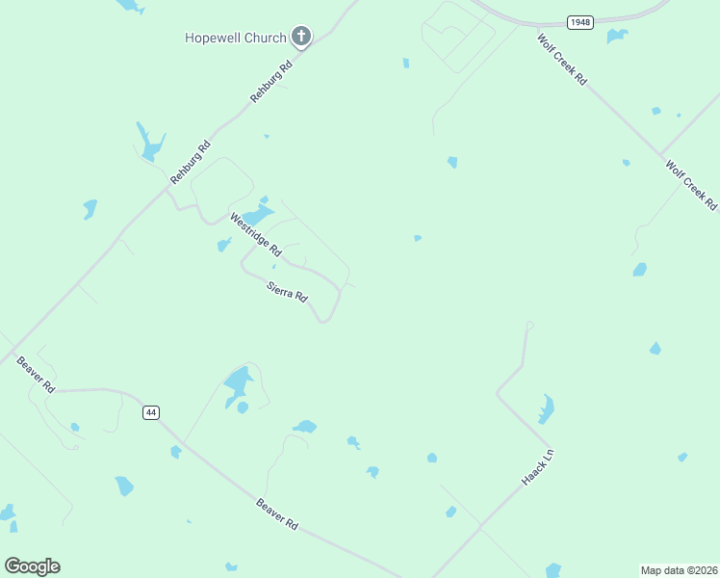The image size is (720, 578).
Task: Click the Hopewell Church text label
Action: pos(236,38)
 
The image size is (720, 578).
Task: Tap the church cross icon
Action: pos(301,38)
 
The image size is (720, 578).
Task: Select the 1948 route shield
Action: pos(579,21)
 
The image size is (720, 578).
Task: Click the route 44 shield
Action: pos(150,412)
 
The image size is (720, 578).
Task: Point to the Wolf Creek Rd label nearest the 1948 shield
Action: pos(562,60)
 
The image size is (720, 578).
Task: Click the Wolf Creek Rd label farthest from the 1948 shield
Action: pos(692,185)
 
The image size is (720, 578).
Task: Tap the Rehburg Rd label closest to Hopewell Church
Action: pos(270,83)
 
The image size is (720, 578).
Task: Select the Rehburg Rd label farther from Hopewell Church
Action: pos(191,163)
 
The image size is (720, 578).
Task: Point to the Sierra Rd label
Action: pos(287,291)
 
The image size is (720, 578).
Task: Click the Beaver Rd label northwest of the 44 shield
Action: pos(36,374)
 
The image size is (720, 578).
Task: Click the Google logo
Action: pos(32,566)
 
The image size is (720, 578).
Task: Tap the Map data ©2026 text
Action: pos(679,569)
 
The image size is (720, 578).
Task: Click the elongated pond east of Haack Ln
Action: pos(546,409)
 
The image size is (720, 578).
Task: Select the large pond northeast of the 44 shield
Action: pos(236,383)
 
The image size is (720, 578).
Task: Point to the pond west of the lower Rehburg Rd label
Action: pos(150,144)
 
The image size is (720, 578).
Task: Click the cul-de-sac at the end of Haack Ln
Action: pos(529,326)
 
